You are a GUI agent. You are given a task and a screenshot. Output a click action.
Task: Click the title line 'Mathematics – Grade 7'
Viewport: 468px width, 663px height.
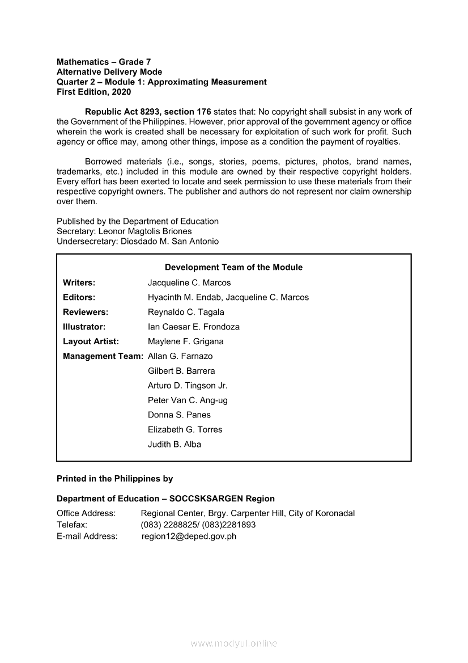[x=104, y=62]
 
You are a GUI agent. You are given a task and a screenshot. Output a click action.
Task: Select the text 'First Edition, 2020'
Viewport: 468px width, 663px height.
[x=93, y=92]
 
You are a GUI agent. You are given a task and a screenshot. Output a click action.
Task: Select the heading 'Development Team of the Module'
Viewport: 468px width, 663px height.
[x=233, y=267]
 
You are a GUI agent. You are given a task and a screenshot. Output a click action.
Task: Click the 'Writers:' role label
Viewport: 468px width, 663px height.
[x=79, y=282]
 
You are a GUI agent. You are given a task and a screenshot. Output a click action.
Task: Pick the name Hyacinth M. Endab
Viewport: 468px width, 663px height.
[x=183, y=297]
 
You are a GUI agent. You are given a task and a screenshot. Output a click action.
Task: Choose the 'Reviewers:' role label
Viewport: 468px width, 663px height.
[x=86, y=312]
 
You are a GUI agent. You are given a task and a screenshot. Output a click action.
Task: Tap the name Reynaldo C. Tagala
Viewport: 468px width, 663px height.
[x=186, y=312]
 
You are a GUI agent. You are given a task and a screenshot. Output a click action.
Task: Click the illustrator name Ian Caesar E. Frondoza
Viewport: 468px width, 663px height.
[x=194, y=327]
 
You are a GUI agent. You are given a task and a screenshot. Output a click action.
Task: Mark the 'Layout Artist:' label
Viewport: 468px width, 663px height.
[x=91, y=341]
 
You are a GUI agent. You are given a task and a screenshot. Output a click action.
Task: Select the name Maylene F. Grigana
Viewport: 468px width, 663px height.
[x=186, y=341]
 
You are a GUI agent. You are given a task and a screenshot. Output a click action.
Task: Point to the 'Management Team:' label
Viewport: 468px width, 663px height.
[x=103, y=356]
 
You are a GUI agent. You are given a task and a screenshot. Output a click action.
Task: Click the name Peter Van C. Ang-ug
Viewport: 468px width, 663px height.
[x=188, y=400]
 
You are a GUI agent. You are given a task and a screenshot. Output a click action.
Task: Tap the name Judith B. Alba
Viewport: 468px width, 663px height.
[x=175, y=444]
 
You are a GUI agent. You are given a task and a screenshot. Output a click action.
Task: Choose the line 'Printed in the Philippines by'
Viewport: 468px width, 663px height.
[x=114, y=479]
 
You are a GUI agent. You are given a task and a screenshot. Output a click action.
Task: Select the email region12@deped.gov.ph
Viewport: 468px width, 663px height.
[x=189, y=536]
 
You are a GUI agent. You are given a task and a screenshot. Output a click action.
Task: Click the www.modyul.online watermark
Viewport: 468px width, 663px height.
[x=234, y=643]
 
